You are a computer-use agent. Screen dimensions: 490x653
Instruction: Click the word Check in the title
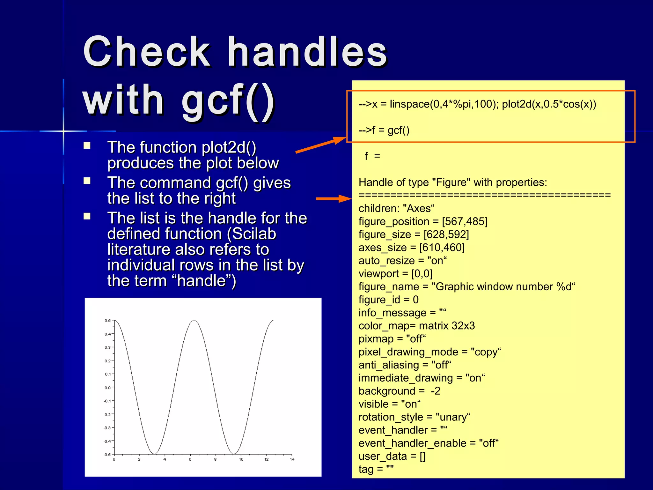(x=147, y=52)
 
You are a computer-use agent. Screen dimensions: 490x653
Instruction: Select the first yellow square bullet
(x=87, y=146)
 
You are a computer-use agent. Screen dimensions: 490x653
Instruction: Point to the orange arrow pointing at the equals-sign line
(x=333, y=198)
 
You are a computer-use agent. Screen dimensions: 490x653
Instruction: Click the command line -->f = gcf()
(x=384, y=130)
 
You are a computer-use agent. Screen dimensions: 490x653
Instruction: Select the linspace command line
(x=477, y=104)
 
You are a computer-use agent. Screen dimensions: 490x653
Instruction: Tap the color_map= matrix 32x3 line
(x=416, y=326)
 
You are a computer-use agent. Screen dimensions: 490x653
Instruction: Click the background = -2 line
(x=399, y=391)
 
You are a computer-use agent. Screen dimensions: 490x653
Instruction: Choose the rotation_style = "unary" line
(x=414, y=417)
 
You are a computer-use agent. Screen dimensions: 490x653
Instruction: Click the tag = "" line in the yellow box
(x=376, y=469)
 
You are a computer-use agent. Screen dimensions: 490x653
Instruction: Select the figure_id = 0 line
(x=388, y=300)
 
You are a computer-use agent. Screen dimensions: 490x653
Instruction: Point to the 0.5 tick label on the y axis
(x=107, y=321)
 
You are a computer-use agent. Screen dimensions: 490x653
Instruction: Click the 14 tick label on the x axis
(x=292, y=459)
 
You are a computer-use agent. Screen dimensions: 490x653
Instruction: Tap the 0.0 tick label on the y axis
(x=107, y=388)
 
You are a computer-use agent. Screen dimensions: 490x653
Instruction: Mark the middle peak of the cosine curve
(x=194, y=320)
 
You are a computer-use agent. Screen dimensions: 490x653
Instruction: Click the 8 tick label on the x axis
(x=215, y=459)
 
